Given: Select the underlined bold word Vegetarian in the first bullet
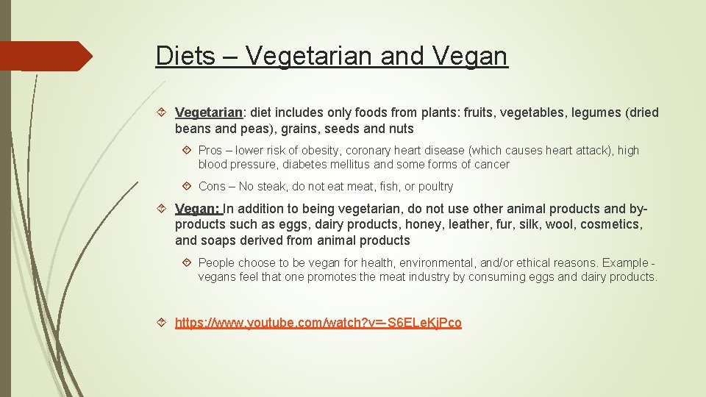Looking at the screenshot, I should (209, 112).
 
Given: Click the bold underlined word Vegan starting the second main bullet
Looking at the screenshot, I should (196, 208).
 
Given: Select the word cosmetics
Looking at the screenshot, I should (610, 224).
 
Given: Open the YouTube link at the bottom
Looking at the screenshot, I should (318, 323).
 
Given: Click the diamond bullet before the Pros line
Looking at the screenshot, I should (188, 150).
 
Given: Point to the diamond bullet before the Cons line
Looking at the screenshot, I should (188, 186).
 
